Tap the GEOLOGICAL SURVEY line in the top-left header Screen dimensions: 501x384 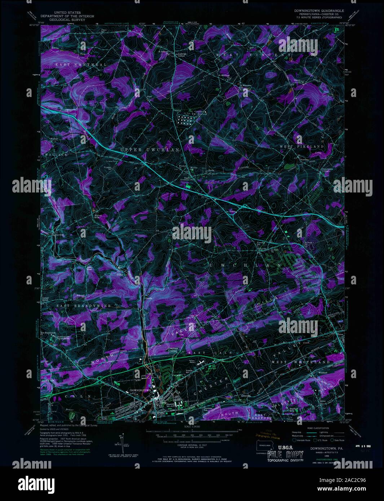pyautogui.click(x=67, y=20)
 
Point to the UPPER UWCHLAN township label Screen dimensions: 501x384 pyautogui.click(x=150, y=150)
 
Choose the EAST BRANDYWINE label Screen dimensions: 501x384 pyautogui.click(x=83, y=305)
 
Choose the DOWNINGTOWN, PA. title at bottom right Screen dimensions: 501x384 pyautogui.click(x=322, y=449)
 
